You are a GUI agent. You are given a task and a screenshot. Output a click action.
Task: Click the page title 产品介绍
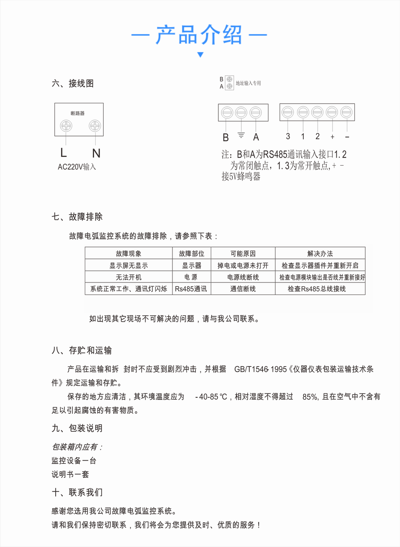(x=199, y=35)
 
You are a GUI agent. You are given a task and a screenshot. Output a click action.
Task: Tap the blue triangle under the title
(x=200, y=54)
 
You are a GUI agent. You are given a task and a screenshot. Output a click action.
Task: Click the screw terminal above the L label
(x=66, y=126)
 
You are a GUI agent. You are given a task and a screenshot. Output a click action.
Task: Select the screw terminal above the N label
(x=95, y=126)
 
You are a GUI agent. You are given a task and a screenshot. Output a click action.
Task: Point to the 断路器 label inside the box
(x=78, y=113)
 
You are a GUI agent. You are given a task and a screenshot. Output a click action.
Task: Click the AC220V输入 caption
(x=77, y=167)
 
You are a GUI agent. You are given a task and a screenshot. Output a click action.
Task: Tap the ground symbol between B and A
(x=241, y=136)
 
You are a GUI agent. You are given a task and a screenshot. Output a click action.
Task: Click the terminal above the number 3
(x=288, y=112)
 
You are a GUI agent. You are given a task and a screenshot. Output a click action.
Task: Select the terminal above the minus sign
(x=346, y=112)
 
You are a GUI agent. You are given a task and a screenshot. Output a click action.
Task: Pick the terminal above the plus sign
(x=332, y=112)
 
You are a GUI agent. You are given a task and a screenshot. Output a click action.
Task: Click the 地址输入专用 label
(x=248, y=83)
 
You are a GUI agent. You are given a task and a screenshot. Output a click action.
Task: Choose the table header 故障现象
(x=128, y=253)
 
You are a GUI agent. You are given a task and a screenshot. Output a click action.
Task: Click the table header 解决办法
(x=320, y=253)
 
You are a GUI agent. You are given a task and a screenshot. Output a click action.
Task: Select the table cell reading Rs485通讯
(x=191, y=289)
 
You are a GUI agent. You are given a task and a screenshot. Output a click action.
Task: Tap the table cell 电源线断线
(x=243, y=277)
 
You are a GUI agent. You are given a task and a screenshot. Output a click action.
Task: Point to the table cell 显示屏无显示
(x=128, y=265)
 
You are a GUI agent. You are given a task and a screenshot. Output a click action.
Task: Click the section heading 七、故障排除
(x=77, y=217)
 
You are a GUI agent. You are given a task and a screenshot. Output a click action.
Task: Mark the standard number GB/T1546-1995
(x=260, y=369)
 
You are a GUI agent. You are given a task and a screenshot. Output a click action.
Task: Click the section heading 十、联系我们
(x=77, y=493)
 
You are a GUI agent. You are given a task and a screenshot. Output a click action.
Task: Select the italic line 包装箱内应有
(x=77, y=447)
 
